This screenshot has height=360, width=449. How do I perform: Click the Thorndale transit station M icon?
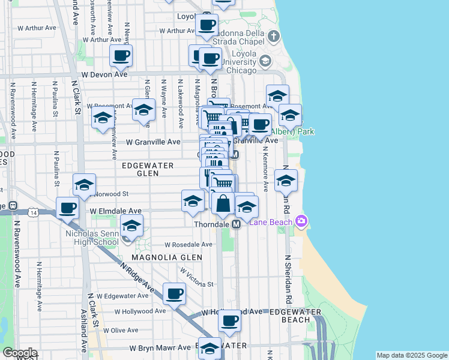click(x=237, y=224)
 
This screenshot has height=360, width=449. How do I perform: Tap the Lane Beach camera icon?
click(x=301, y=222)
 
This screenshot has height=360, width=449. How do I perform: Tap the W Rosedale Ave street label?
click(x=189, y=245)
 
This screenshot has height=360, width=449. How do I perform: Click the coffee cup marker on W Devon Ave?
click(x=121, y=56)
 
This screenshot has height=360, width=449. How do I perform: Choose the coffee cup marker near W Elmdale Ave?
click(x=68, y=208)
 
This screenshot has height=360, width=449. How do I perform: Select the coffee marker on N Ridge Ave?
click(x=174, y=293)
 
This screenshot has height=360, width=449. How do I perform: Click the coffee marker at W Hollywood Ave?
click(x=229, y=320)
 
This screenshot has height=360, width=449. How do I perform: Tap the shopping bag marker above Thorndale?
click(x=223, y=203)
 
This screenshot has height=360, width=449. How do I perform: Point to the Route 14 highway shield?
click(x=32, y=212)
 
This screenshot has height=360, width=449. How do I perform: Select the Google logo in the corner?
click(x=20, y=353)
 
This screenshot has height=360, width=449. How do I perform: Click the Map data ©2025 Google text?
click(x=411, y=355)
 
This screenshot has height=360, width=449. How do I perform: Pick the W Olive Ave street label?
click(x=121, y=331)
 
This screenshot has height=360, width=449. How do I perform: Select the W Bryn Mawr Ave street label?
click(x=154, y=348)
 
